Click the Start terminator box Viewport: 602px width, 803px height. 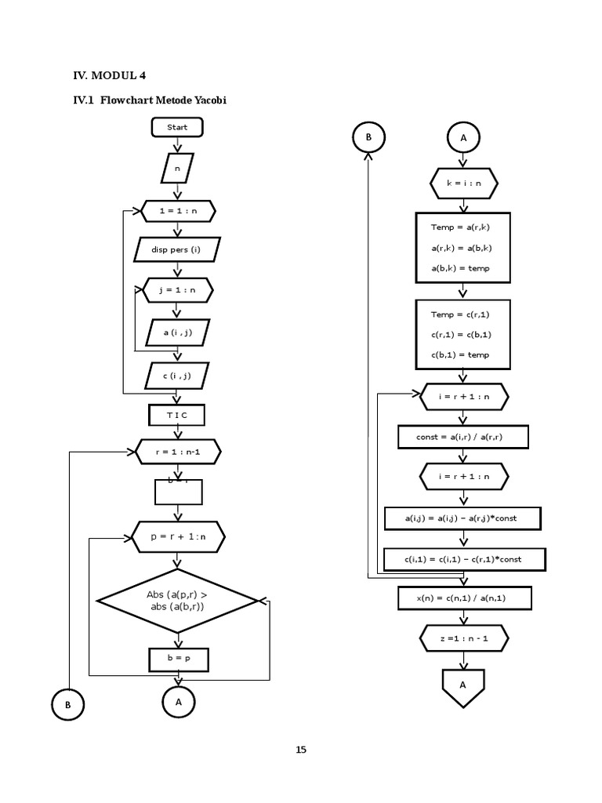click(178, 127)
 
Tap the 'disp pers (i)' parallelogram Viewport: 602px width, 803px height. click(178, 250)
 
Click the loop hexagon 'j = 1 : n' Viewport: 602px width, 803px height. click(178, 290)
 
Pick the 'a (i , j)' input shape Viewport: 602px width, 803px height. click(178, 332)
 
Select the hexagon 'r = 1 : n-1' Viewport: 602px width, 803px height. click(178, 452)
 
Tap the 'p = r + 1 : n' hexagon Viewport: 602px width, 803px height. click(178, 537)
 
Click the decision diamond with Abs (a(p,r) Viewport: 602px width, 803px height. click(177, 601)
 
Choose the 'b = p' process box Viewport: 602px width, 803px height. click(179, 659)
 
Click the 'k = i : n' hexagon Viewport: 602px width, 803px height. click(463, 183)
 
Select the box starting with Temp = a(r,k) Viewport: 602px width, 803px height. click(462, 248)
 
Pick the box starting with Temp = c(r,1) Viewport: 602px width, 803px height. click(462, 335)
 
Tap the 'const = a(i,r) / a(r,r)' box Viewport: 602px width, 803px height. click(462, 436)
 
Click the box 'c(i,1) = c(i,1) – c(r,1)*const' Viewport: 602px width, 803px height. click(463, 559)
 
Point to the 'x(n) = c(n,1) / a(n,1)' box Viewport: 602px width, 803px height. click(463, 599)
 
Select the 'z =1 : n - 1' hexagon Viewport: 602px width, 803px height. click(463, 638)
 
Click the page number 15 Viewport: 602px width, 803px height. click(301, 750)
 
